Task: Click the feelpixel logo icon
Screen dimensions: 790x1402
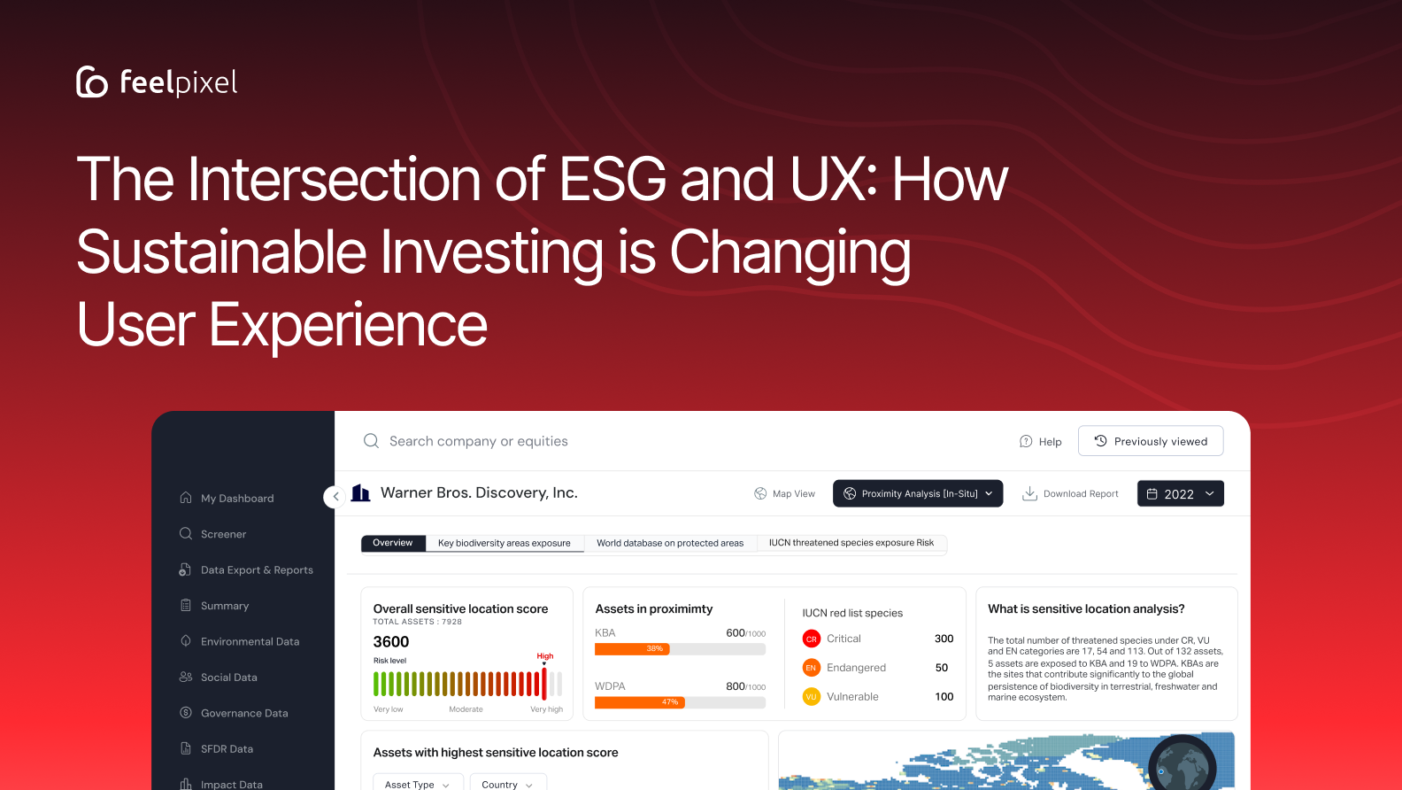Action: point(92,81)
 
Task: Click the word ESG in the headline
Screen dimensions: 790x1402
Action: point(612,180)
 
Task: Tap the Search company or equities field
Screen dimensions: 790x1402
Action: point(478,441)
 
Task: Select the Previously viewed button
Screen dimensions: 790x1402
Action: point(1151,441)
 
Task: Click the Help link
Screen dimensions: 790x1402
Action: point(1041,442)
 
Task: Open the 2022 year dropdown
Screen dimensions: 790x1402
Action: point(1180,494)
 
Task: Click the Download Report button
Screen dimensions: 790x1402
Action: point(1071,494)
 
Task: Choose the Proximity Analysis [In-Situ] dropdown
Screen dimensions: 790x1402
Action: point(918,494)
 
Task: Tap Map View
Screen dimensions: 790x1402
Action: point(784,494)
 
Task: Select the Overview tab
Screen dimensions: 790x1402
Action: point(393,543)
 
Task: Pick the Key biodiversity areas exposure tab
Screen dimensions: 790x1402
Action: point(505,543)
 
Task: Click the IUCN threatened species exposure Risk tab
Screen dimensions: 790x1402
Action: point(851,543)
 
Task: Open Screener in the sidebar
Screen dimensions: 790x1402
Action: point(223,534)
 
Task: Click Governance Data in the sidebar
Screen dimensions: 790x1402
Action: point(244,713)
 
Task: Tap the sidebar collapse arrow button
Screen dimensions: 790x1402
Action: point(335,497)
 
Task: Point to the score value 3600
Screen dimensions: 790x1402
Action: point(391,642)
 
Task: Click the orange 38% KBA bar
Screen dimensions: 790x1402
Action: point(632,649)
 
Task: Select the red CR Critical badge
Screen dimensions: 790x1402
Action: point(811,639)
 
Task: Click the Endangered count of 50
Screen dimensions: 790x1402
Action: point(942,668)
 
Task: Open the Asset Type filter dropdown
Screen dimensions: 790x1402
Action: point(417,784)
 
